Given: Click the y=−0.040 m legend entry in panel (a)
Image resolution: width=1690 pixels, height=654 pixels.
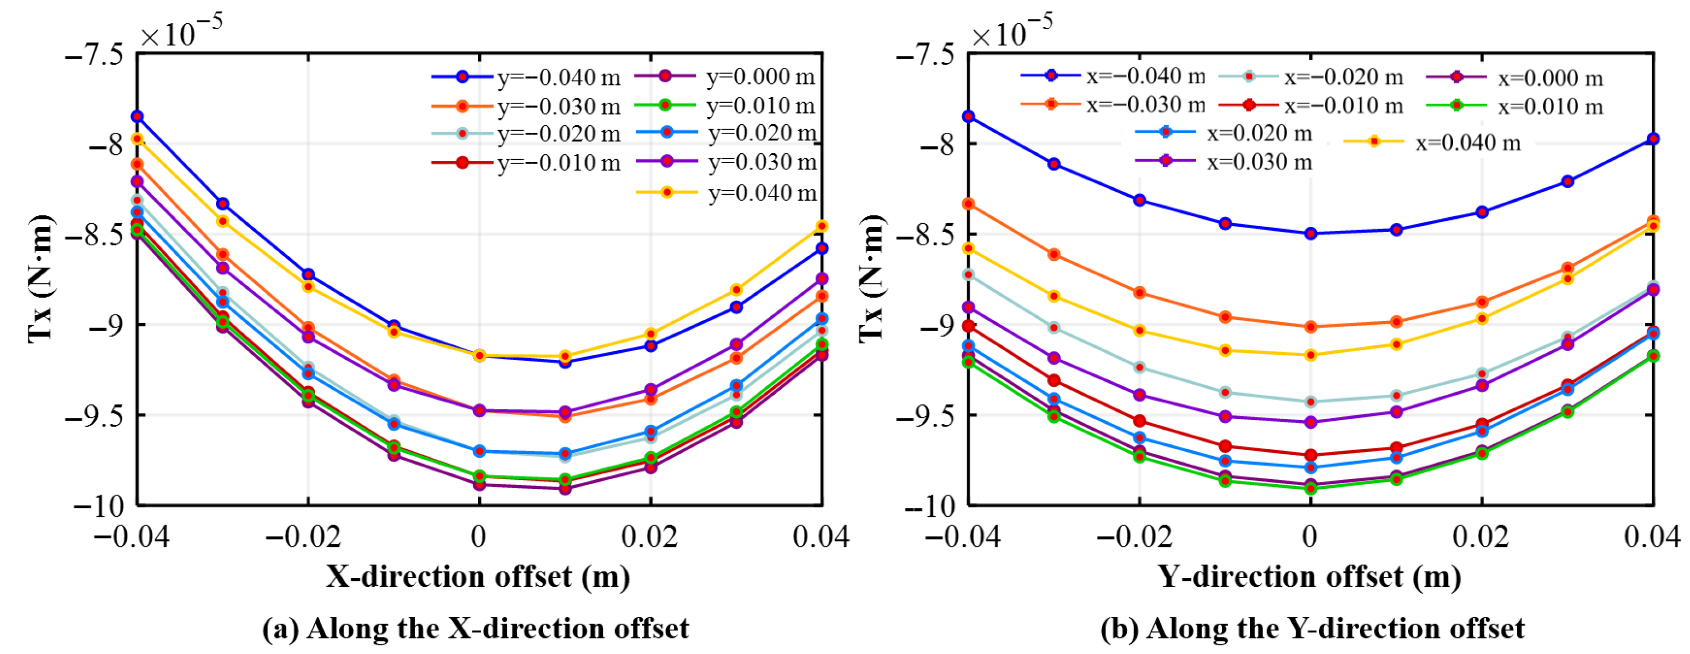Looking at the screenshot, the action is pyautogui.click(x=525, y=77).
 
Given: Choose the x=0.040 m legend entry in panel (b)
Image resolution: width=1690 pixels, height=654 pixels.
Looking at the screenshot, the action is pyautogui.click(x=1432, y=143).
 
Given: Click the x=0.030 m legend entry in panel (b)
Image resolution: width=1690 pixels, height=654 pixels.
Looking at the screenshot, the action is pyautogui.click(x=1224, y=161).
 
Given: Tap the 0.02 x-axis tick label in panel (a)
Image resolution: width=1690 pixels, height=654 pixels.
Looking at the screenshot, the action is pyautogui.click(x=650, y=537).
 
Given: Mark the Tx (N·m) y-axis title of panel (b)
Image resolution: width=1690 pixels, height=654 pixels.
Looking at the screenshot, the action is pyautogui.click(x=872, y=278).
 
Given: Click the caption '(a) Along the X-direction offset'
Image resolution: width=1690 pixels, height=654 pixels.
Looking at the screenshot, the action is pyautogui.click(x=476, y=628).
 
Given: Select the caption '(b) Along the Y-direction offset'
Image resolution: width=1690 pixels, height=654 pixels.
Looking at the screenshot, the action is pyautogui.click(x=1313, y=628).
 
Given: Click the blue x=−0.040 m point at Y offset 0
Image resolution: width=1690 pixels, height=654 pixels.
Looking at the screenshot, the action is pyautogui.click(x=1311, y=233).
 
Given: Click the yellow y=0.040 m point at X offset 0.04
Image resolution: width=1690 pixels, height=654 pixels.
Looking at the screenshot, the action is pyautogui.click(x=822, y=226).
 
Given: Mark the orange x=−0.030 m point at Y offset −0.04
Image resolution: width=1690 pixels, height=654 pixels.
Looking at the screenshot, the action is pyautogui.click(x=968, y=204).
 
